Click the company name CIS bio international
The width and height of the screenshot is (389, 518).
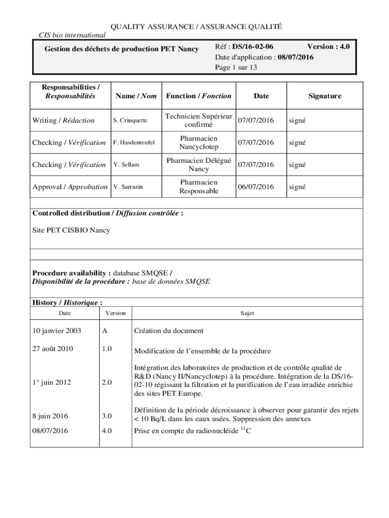coord(72,35)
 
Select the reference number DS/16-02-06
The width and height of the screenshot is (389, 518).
coord(253,47)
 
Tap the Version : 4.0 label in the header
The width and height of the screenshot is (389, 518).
coord(328,47)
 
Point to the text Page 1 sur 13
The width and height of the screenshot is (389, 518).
coord(236,67)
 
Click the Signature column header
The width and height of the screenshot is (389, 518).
coord(325,96)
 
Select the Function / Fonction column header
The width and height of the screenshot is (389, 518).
coord(199,96)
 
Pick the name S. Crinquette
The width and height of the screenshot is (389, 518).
coord(130,120)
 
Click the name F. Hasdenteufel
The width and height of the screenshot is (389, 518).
coord(134,143)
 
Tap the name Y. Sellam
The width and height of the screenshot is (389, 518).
coord(126,165)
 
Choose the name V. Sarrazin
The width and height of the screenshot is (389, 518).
coord(128,187)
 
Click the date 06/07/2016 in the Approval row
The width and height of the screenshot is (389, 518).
coord(256,187)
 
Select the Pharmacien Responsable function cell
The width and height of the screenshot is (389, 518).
coord(199,187)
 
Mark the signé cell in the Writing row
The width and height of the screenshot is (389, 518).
coord(297,120)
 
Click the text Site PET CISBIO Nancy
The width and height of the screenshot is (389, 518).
coord(71,230)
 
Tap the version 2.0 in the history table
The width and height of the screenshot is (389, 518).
coord(107,382)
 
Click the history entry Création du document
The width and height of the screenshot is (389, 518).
coord(169,331)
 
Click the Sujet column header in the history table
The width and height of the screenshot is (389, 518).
coord(247,313)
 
